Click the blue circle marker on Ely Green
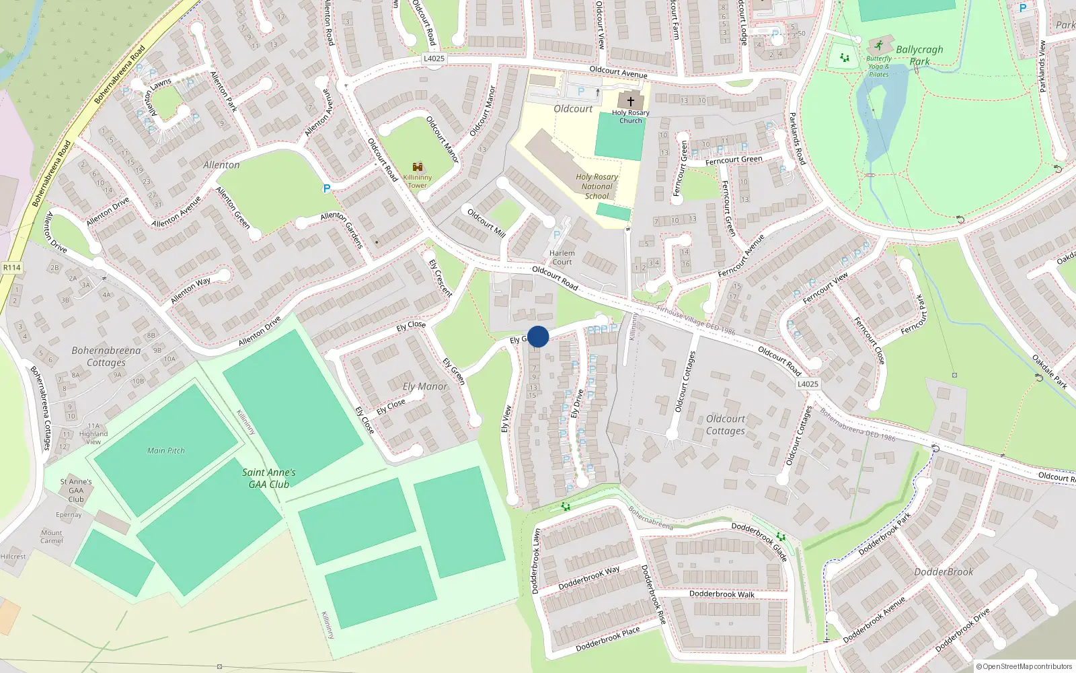(x=538, y=336)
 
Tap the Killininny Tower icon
(x=418, y=168)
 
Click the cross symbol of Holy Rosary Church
(x=630, y=101)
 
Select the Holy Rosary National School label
(x=597, y=186)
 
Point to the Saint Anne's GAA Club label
(x=269, y=478)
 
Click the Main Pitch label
(x=166, y=450)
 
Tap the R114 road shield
(x=12, y=267)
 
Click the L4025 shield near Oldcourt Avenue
(x=434, y=59)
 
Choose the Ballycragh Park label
(x=919, y=55)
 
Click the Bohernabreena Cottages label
(x=106, y=356)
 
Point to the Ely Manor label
(x=425, y=386)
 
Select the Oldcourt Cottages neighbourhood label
(x=726, y=425)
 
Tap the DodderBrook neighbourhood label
(x=944, y=571)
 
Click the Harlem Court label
(x=562, y=258)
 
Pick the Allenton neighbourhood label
(x=221, y=165)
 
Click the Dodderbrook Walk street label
(x=722, y=594)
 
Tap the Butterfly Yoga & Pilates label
(x=879, y=67)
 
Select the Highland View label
(x=93, y=437)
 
